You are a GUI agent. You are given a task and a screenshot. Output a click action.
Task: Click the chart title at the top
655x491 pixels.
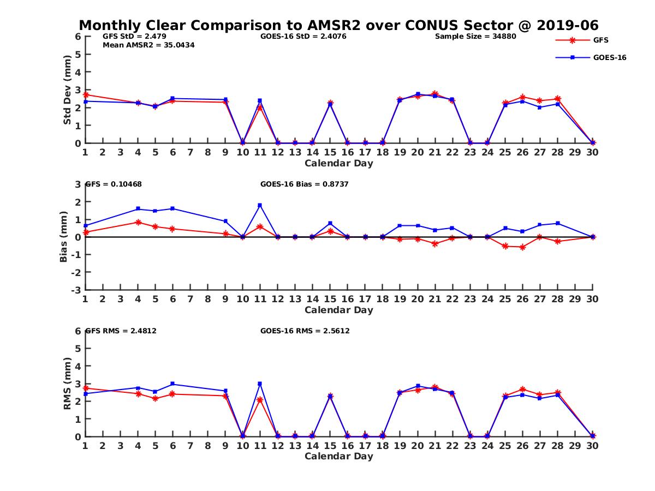coord(338,25)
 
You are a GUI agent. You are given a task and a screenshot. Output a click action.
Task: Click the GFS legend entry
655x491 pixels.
coord(600,40)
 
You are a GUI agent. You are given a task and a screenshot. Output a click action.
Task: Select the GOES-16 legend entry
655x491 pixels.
coord(609,57)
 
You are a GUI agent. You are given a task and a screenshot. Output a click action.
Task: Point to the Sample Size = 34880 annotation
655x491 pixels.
coord(475,37)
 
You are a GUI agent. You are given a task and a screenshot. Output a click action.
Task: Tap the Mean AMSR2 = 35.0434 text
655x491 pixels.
coord(148,45)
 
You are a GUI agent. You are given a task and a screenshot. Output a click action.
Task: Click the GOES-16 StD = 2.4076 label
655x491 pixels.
coord(303,37)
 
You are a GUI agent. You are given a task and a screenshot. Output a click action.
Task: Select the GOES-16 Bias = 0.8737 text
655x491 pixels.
coord(305,184)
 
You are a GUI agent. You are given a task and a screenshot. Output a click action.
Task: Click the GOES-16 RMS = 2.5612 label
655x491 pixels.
coord(305,331)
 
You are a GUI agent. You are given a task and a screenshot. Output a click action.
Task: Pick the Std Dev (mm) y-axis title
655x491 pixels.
coord(67,89)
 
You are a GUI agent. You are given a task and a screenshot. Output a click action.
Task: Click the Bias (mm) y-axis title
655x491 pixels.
coord(63,237)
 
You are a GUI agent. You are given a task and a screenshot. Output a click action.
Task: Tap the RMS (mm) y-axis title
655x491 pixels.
coord(67,384)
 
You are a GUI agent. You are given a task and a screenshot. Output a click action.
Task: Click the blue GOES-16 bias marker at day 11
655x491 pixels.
coord(260,205)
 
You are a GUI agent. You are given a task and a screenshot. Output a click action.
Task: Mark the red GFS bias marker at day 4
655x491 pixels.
coord(138,222)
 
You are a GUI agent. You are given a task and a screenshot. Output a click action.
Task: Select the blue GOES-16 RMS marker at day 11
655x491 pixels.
coord(260,384)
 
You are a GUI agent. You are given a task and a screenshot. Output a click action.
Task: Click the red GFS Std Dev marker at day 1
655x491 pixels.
coord(86,95)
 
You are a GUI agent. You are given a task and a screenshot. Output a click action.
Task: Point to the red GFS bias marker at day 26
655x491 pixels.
coord(523,247)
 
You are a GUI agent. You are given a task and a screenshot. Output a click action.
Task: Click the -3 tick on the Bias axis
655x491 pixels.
coord(76,290)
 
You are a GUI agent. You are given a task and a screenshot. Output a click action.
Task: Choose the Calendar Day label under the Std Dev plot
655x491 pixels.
coord(338,163)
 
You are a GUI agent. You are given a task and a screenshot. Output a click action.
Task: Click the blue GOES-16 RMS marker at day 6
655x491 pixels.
coord(172,384)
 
